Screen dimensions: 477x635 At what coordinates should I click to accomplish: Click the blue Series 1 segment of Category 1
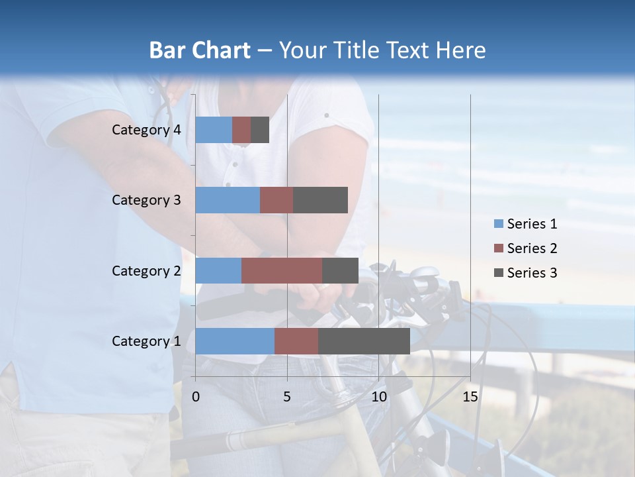[x=234, y=341]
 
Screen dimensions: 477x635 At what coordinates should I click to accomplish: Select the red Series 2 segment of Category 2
[x=281, y=270]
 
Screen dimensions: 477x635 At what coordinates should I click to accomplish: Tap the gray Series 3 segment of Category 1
[x=364, y=341]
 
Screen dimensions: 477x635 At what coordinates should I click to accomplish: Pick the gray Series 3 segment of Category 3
[x=320, y=200]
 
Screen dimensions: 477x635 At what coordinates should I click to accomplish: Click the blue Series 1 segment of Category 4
[x=214, y=130]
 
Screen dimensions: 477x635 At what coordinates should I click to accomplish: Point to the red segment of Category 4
[x=241, y=130]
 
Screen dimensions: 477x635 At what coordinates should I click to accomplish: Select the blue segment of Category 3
[x=228, y=200]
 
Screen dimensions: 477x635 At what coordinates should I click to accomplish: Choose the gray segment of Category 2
[x=340, y=270]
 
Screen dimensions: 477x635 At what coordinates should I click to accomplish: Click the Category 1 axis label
[x=146, y=341]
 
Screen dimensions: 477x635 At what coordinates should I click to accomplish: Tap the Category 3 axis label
[x=146, y=200]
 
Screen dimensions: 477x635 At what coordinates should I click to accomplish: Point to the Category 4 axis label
[x=146, y=130]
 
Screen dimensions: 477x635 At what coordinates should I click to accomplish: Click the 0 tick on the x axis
[x=196, y=397]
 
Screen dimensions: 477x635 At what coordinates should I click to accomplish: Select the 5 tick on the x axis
[x=287, y=397]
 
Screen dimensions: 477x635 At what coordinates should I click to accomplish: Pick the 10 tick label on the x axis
[x=378, y=397]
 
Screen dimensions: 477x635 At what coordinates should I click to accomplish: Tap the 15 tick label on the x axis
[x=470, y=397]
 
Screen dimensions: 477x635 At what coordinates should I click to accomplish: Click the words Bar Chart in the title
[x=200, y=50]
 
